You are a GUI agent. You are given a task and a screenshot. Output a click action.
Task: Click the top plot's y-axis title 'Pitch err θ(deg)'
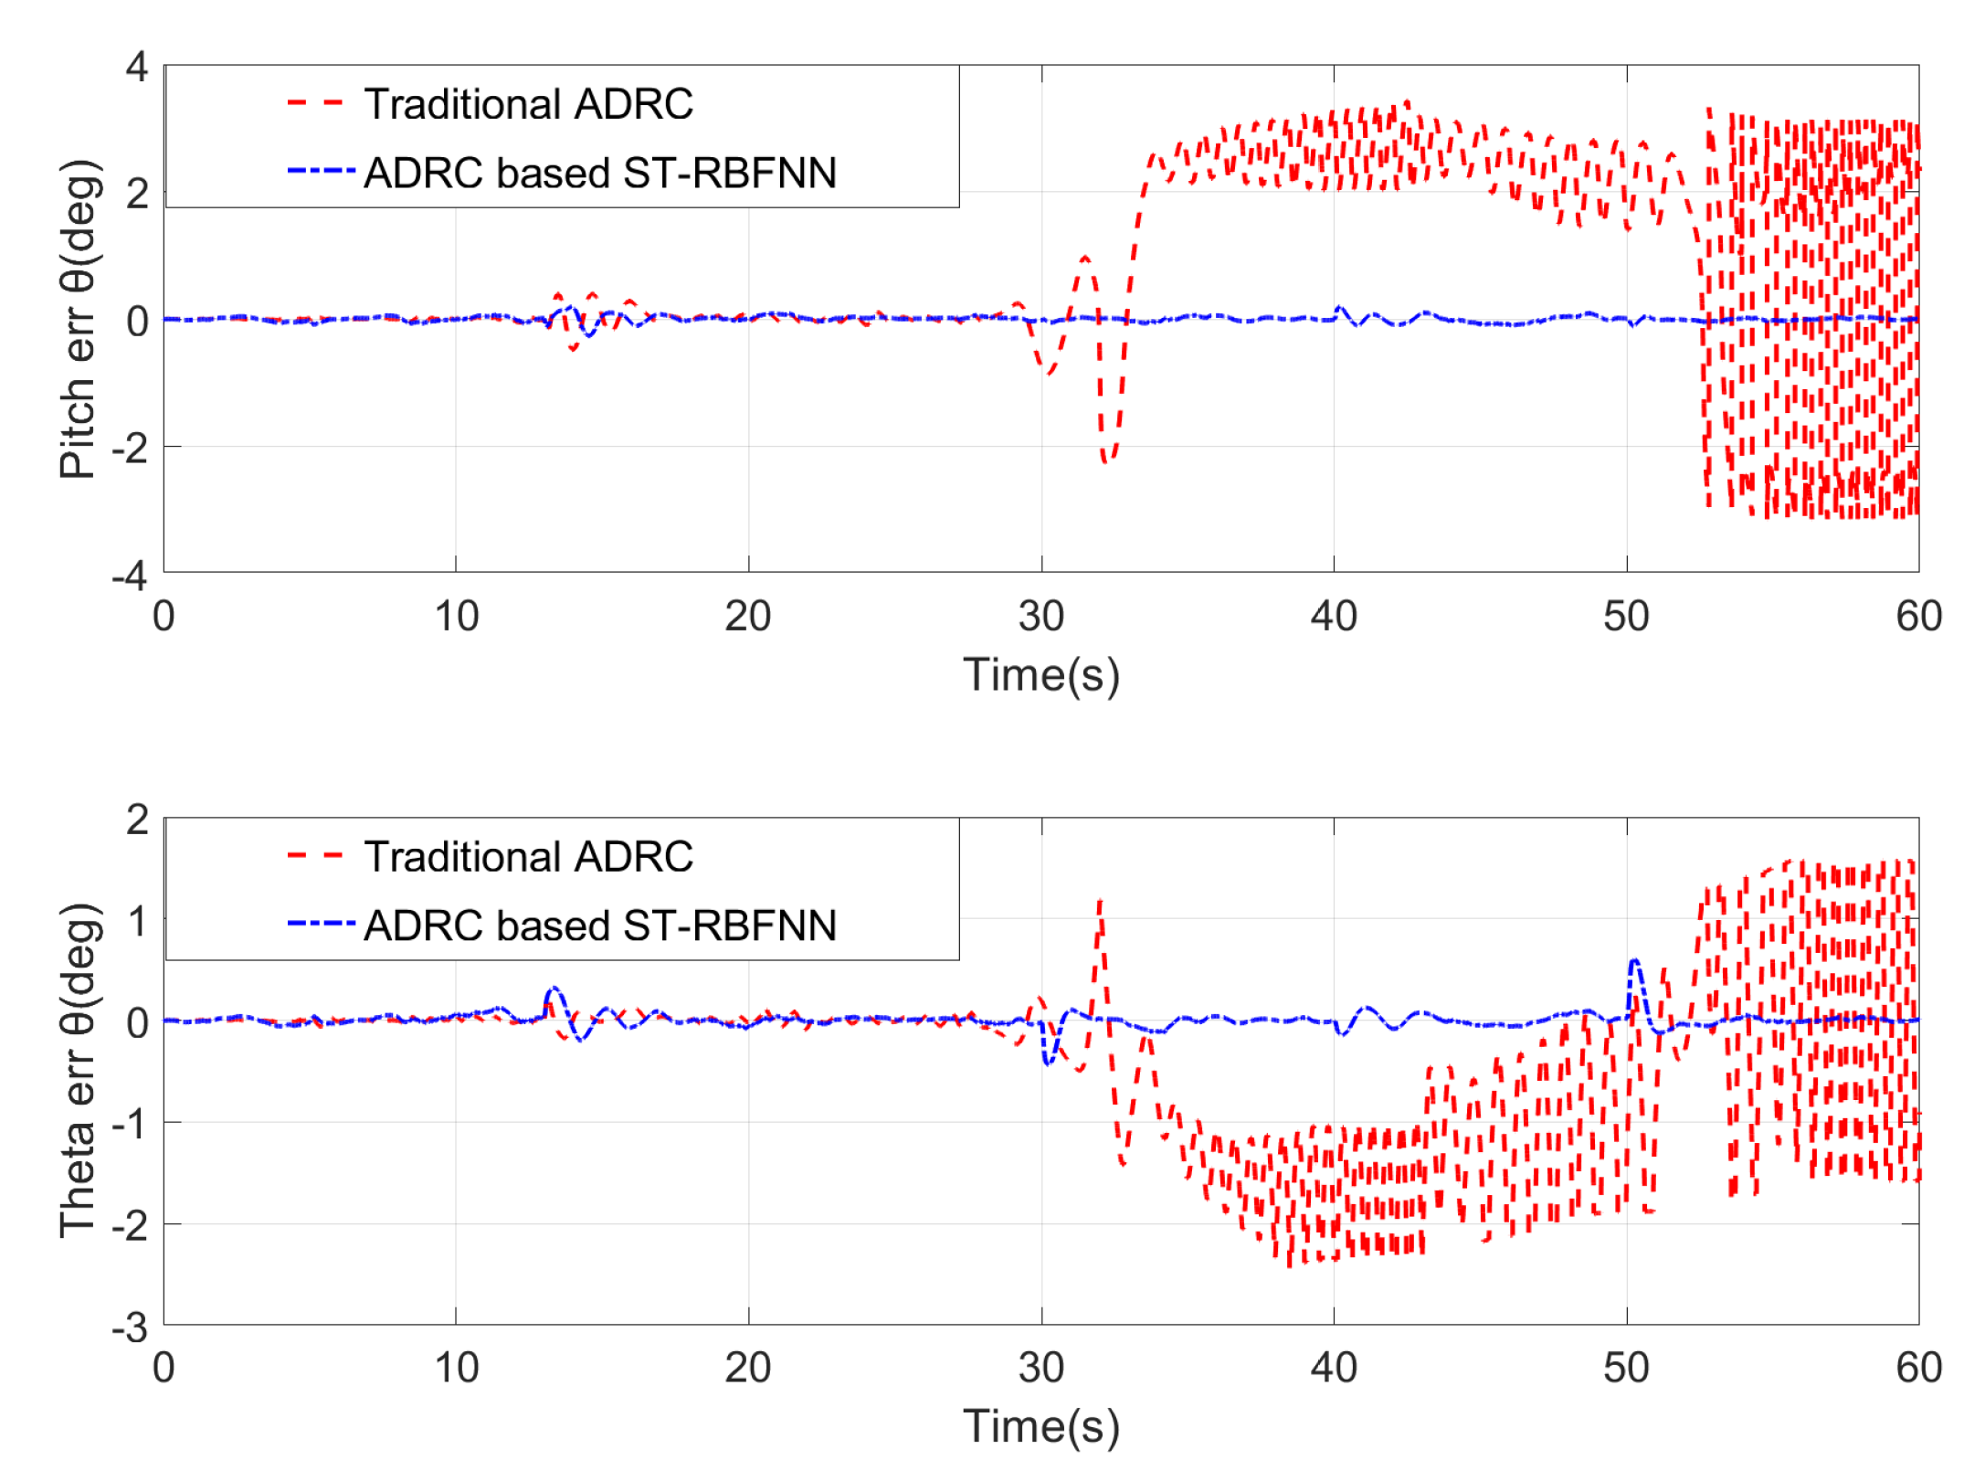coord(79,319)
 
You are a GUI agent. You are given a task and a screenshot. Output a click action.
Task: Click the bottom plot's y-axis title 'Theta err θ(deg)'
coord(79,1070)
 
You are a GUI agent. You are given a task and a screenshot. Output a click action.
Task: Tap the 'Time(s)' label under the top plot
coord(1040,675)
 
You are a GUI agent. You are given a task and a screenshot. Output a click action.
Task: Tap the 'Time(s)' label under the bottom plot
coord(1040,1426)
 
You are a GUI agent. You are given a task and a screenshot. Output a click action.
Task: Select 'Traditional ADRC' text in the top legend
coord(528,104)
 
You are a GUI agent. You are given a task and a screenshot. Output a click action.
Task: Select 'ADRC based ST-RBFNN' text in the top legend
coord(599,173)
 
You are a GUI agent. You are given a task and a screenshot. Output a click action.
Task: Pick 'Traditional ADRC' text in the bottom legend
coord(528,857)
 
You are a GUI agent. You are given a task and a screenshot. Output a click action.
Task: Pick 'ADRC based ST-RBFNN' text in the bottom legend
coord(599,926)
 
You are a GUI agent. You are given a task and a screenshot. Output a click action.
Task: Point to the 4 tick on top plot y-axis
coord(137,67)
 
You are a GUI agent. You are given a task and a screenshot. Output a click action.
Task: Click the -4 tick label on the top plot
coord(130,577)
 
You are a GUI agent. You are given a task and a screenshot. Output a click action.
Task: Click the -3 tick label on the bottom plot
coord(130,1328)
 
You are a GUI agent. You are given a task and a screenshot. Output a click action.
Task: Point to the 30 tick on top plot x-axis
coord(1040,617)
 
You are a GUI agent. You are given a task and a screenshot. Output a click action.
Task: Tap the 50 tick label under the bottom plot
coord(1626,1369)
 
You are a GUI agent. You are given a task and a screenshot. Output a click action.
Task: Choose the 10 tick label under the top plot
coord(456,617)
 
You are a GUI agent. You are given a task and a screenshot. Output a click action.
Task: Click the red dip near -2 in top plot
coord(1107,460)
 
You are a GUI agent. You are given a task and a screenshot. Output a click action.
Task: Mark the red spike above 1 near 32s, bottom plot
coord(1100,903)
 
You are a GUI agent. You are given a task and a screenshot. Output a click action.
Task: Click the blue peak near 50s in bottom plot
coord(1634,962)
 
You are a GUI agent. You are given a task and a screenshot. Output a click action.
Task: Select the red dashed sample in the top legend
coord(314,103)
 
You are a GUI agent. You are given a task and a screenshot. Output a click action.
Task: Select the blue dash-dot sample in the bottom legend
coord(320,924)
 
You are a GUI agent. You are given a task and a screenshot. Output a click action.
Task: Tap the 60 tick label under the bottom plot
coord(1918,1369)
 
